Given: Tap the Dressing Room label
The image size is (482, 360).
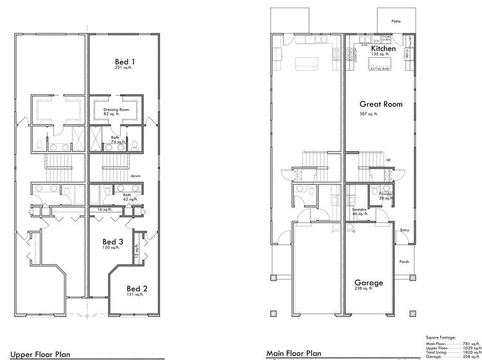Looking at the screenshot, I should click(x=116, y=110).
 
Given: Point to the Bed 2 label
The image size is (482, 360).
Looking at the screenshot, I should click(x=137, y=288).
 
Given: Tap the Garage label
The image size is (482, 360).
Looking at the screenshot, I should click(x=369, y=282).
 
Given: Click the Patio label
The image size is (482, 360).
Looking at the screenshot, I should click(x=396, y=21).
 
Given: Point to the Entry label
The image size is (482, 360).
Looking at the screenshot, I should click(x=404, y=230).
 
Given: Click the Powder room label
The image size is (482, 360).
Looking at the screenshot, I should click(x=386, y=194).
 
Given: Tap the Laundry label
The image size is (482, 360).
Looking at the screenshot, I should click(x=359, y=210).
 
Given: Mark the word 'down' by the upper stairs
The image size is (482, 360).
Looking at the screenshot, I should click(x=136, y=175).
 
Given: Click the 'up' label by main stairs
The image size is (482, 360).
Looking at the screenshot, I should click(x=388, y=159).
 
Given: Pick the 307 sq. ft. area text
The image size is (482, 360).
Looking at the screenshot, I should click(x=369, y=114).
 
